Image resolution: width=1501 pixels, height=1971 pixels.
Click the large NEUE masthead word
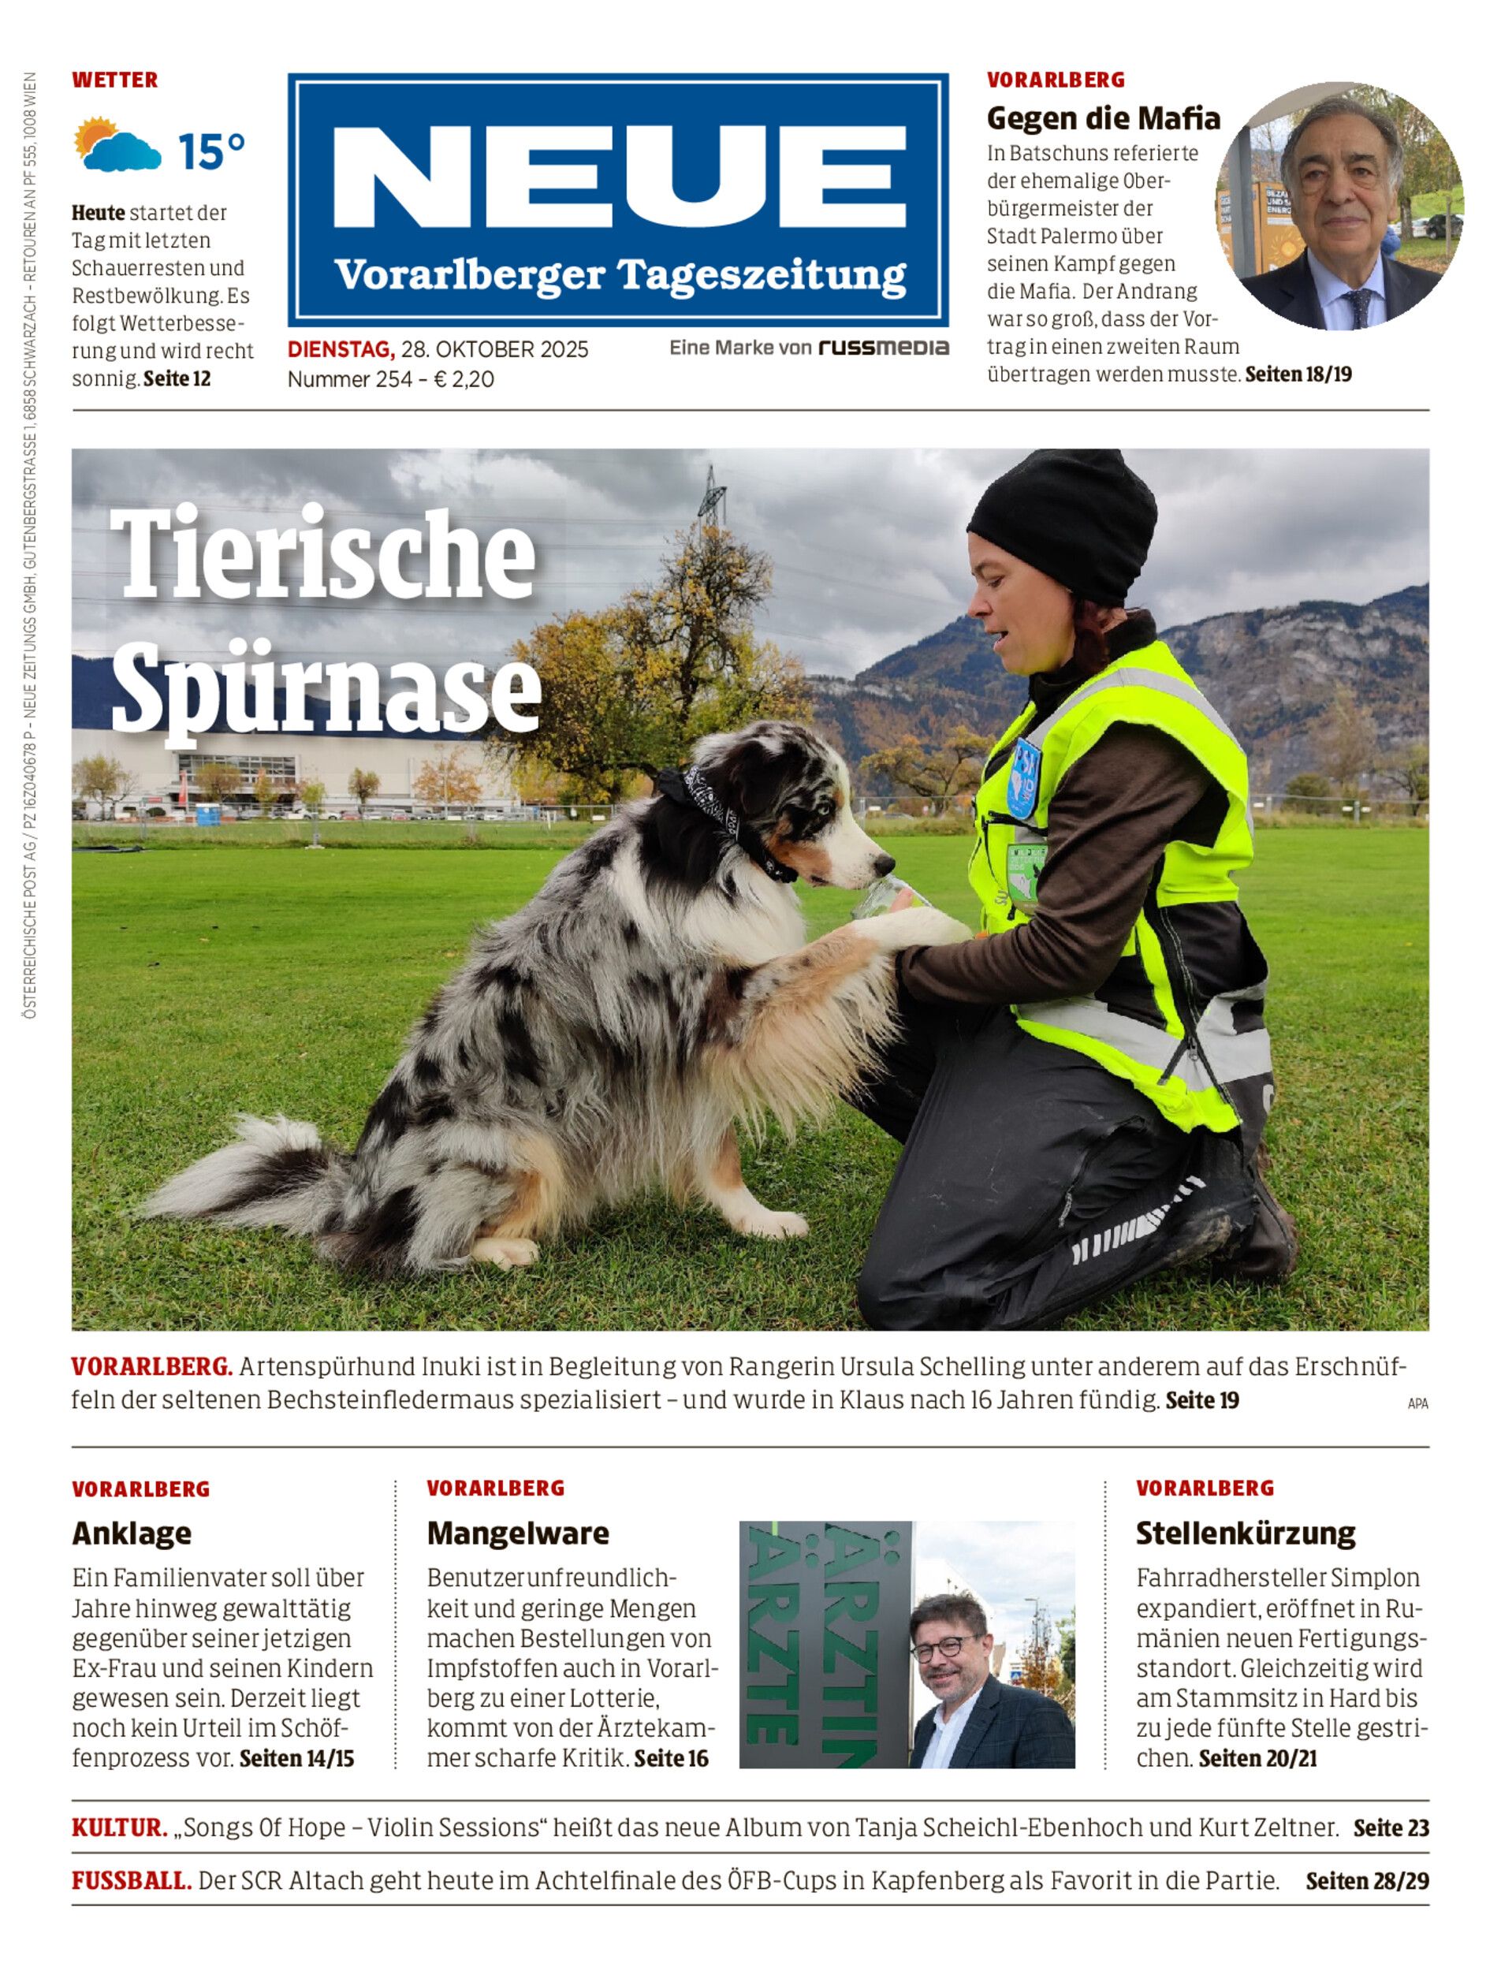tap(618, 176)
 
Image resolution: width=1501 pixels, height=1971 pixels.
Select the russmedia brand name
tap(883, 348)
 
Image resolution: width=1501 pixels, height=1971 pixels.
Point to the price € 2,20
tap(464, 379)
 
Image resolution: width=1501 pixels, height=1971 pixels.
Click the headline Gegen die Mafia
tap(1103, 118)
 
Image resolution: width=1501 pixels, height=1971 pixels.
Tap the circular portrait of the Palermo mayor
tap(1339, 207)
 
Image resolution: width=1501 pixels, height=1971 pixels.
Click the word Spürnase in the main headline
tap(326, 689)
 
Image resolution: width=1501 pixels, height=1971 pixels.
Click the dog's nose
tap(885, 863)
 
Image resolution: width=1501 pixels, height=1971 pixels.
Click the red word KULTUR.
tap(119, 1828)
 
